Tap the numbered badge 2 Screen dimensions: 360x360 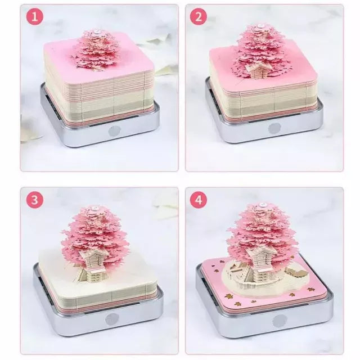(197, 17)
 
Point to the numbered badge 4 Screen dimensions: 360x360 (197, 200)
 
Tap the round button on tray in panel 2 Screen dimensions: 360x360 (274, 128)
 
